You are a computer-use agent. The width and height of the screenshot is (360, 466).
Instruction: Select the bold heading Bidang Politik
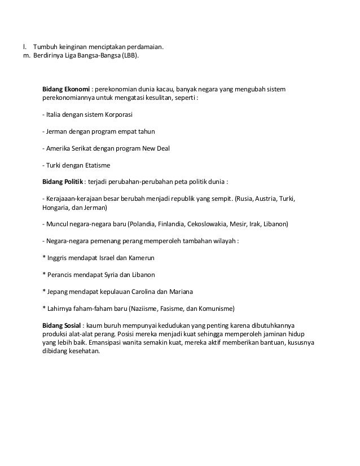63,182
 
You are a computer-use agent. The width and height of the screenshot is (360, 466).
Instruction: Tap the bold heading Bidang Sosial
62,326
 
